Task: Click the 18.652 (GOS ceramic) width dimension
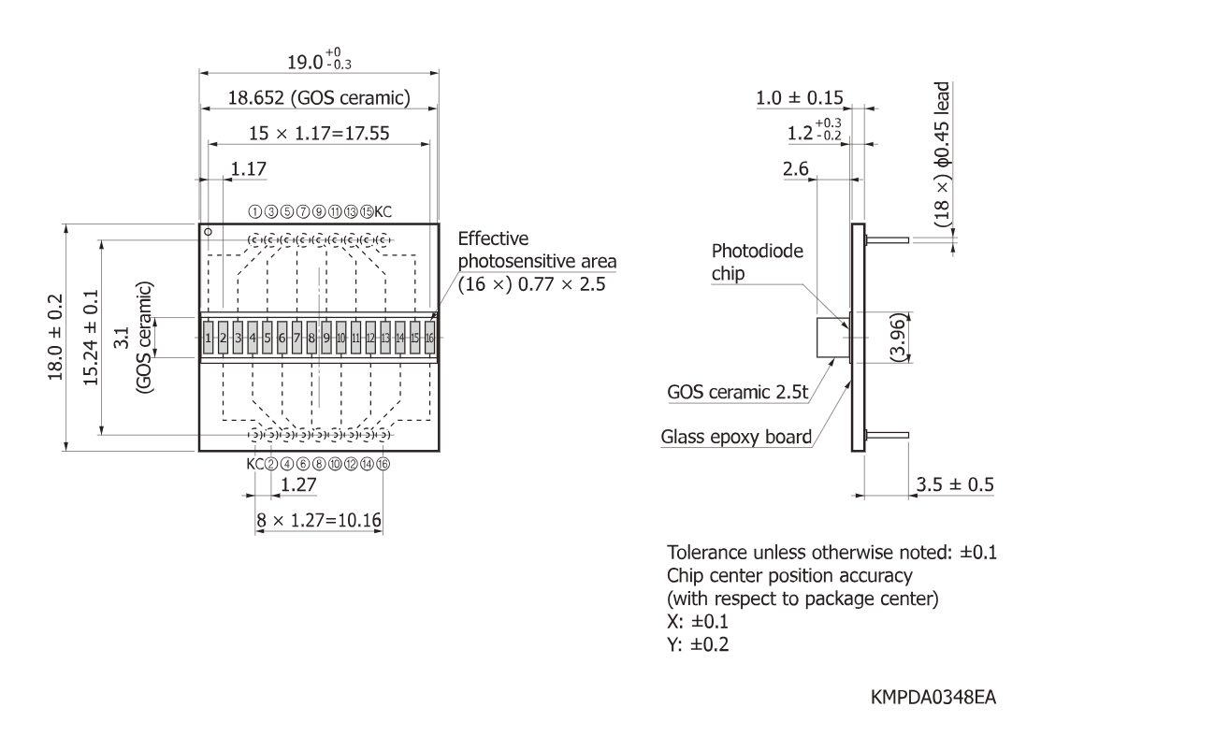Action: pyautogui.click(x=319, y=98)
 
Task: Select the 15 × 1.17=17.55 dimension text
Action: pyautogui.click(x=319, y=134)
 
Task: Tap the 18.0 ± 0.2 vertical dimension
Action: pyautogui.click(x=55, y=338)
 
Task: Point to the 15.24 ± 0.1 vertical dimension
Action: pyautogui.click(x=91, y=338)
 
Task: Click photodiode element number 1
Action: pyautogui.click(x=209, y=338)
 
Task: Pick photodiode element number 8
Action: pyautogui.click(x=311, y=338)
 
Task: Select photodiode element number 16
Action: pyautogui.click(x=429, y=338)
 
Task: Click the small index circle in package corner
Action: pyautogui.click(x=208, y=232)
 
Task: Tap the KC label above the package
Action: pyautogui.click(x=383, y=211)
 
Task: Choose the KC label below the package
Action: pyautogui.click(x=255, y=464)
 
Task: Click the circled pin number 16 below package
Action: pyautogui.click(x=383, y=464)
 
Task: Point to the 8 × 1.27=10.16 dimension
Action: pyautogui.click(x=319, y=521)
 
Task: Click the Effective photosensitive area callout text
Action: pyautogui.click(x=537, y=262)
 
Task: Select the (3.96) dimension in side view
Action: pyautogui.click(x=897, y=338)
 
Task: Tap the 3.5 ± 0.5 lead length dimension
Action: pyautogui.click(x=955, y=484)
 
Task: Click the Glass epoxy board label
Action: pyautogui.click(x=736, y=437)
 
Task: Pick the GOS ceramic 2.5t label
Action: pyautogui.click(x=737, y=392)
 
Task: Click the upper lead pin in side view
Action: pyautogui.click(x=887, y=240)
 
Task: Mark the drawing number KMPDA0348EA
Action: pyautogui.click(x=933, y=698)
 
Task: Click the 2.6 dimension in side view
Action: pyautogui.click(x=796, y=169)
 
